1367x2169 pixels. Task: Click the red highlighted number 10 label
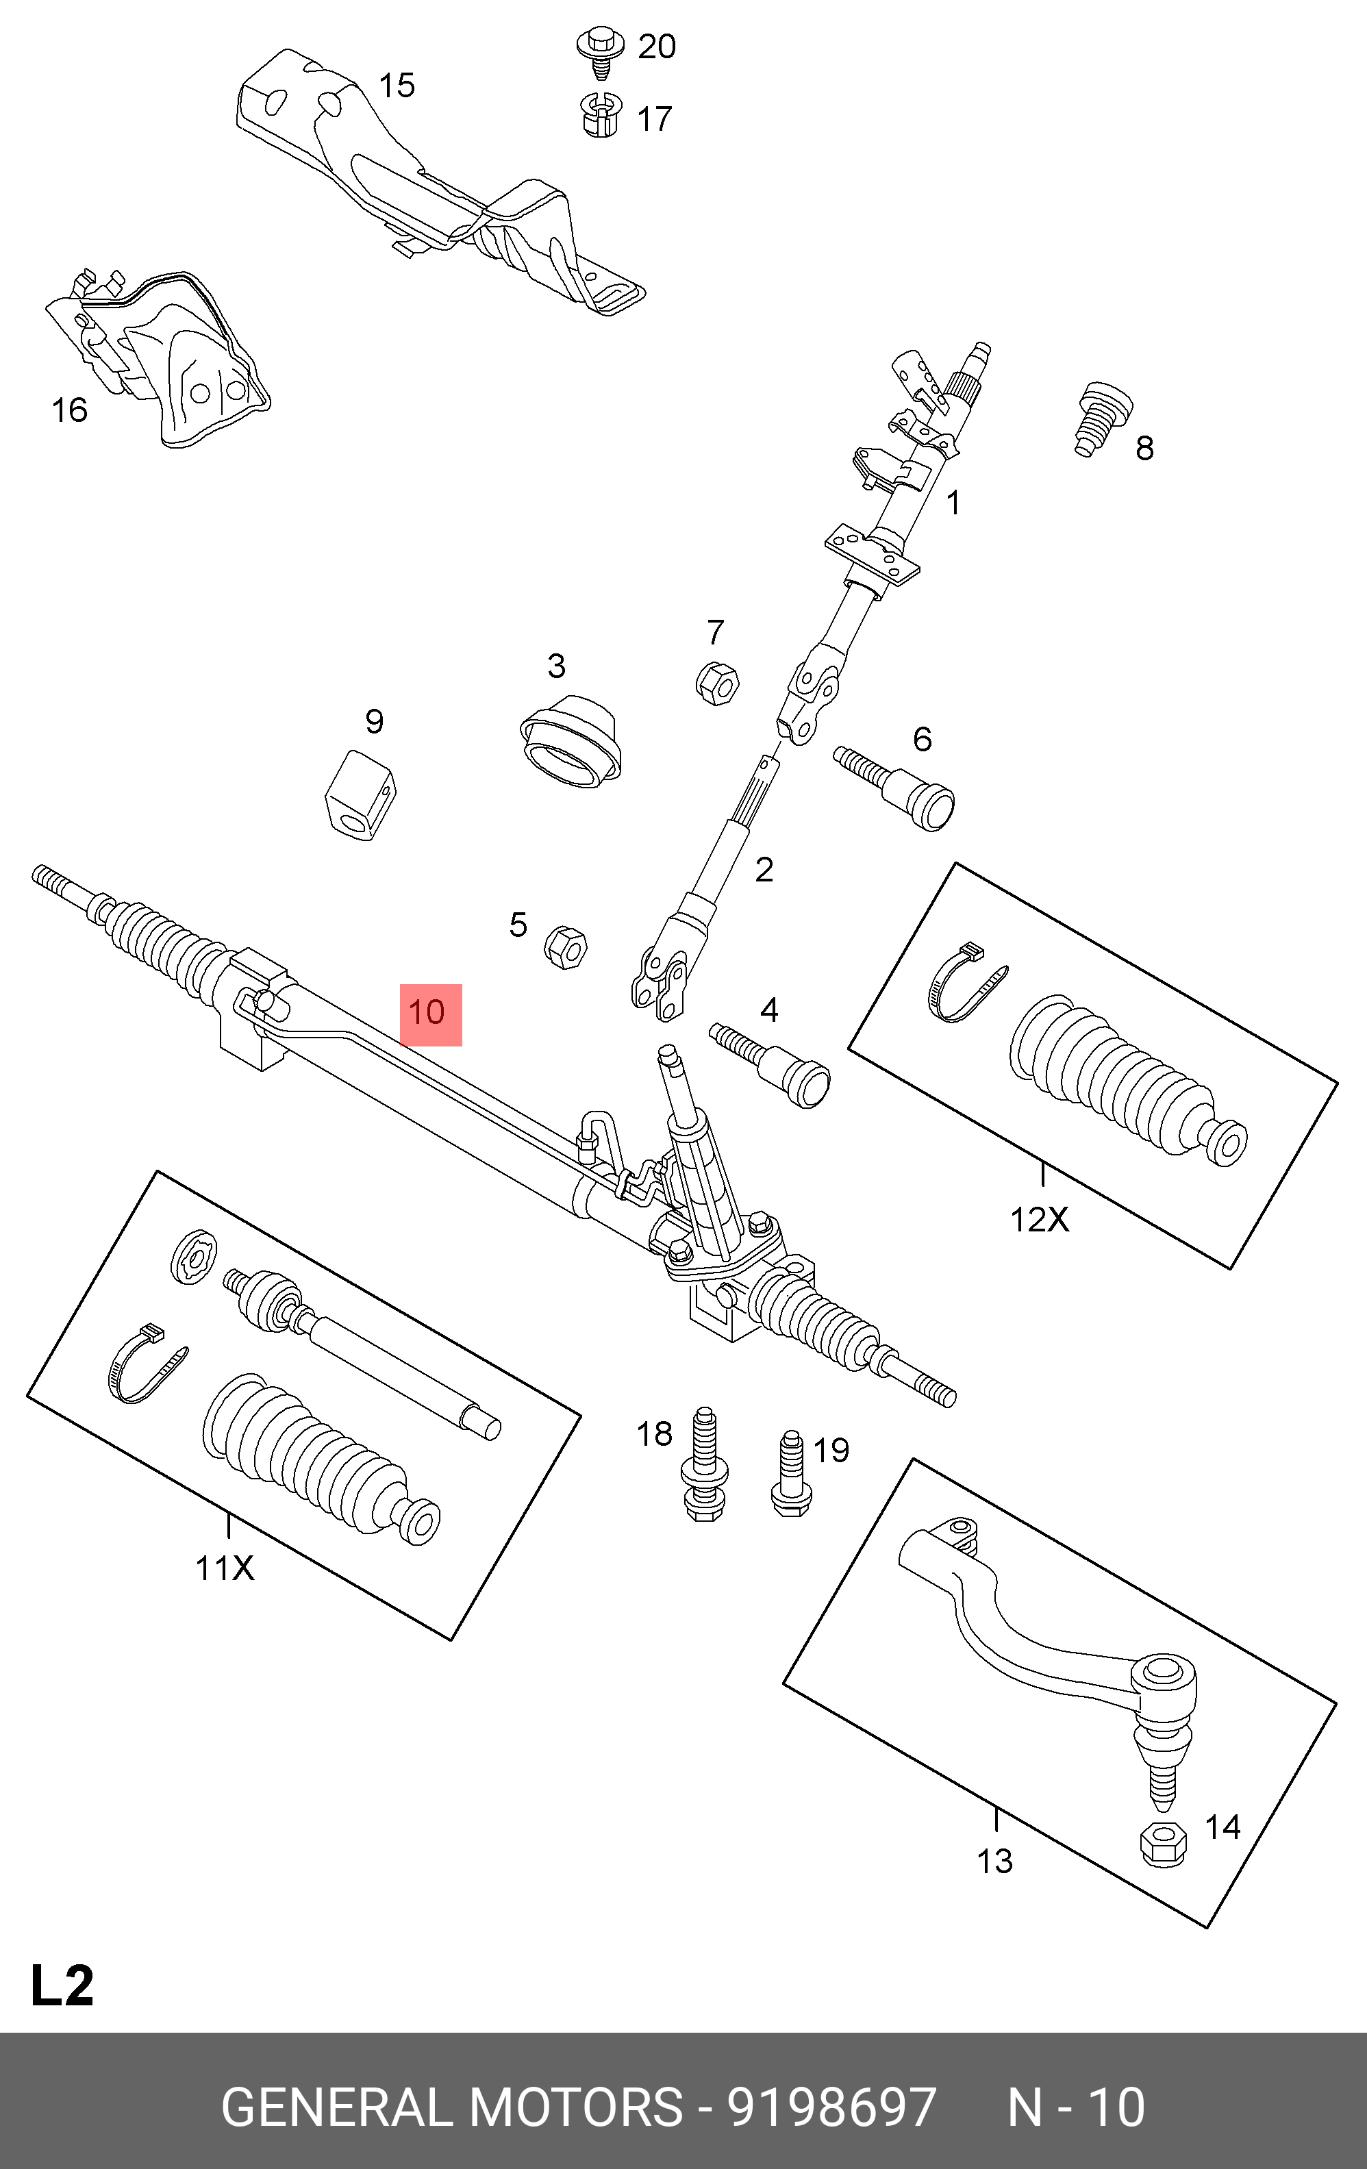[x=431, y=1014]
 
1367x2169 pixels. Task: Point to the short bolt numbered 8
[x=1101, y=419]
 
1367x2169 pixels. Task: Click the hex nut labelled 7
[x=717, y=684]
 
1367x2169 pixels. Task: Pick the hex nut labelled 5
[x=566, y=949]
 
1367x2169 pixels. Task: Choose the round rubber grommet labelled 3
[x=570, y=741]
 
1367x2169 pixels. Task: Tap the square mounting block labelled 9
[x=360, y=795]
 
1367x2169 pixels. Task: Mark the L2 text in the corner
[x=62, y=1985]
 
